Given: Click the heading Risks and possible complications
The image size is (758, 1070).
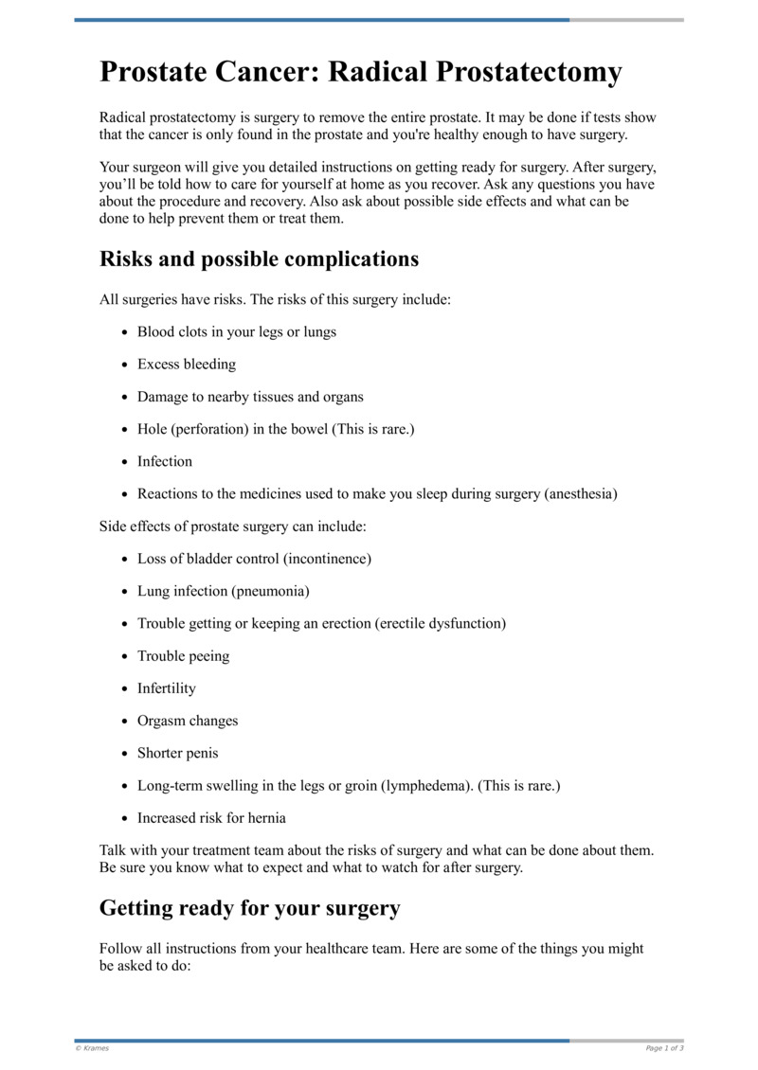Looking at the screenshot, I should tap(259, 259).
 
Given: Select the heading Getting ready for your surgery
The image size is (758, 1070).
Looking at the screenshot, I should tap(249, 908).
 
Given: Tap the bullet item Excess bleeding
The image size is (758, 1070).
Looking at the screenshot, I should tap(187, 365).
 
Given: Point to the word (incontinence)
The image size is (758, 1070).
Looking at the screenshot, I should tap(324, 559).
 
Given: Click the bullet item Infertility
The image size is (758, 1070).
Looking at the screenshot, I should tap(167, 688).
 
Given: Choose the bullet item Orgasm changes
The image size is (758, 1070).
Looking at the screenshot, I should tap(188, 721).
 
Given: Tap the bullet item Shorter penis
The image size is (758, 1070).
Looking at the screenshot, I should tap(177, 753).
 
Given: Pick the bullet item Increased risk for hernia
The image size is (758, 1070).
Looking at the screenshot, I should tap(211, 818).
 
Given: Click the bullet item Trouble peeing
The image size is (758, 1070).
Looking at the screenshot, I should tap(183, 656).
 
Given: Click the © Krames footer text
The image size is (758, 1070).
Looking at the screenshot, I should tap(92, 1048).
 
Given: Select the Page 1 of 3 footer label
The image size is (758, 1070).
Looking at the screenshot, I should tap(664, 1048).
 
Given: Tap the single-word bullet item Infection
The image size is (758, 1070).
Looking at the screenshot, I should tap(165, 462).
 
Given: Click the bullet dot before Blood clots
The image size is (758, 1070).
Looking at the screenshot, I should tap(125, 332).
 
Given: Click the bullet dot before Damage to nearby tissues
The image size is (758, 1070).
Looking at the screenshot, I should tap(125, 398).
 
